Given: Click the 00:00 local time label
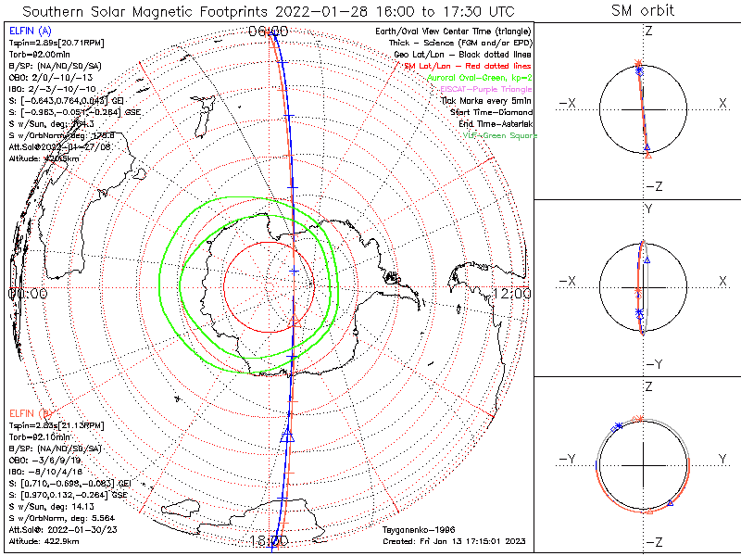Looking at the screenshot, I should (x=27, y=293).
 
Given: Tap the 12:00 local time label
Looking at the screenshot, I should (x=512, y=293).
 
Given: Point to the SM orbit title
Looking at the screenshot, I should (x=643, y=10).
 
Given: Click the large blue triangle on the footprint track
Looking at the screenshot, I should (x=286, y=436).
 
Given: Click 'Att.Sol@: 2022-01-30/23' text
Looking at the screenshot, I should (x=60, y=529).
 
